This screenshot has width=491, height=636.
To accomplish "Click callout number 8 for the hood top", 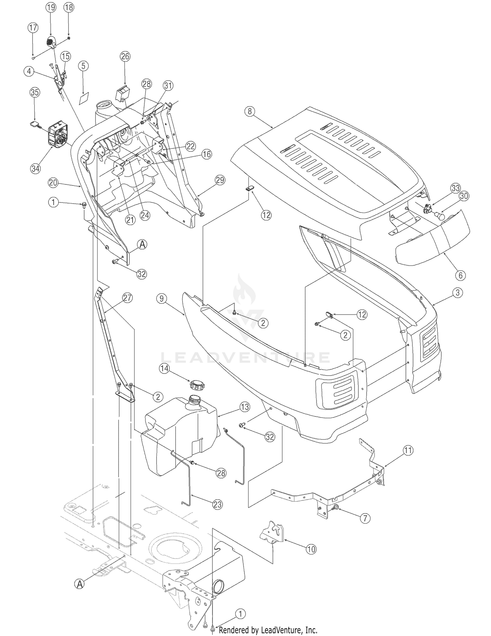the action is click(250, 111).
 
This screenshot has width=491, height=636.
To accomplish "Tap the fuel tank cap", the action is click(196, 384).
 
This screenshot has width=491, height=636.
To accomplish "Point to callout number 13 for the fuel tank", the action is click(245, 407).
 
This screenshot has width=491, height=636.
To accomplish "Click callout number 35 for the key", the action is click(35, 92).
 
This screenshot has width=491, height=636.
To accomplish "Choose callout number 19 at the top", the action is click(51, 8).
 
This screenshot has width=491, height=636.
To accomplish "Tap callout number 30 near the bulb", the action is click(464, 196).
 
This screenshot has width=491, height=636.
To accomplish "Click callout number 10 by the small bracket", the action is click(311, 549).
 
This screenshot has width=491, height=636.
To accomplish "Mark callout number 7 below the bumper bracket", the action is click(365, 518).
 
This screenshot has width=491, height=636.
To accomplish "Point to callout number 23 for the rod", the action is click(217, 505).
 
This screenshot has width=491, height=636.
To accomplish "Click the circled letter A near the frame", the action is click(80, 584).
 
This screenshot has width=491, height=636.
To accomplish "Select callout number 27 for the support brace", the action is click(127, 298).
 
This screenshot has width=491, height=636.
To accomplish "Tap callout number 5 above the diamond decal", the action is click(83, 66).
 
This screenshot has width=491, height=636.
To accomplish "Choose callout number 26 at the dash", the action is click(125, 56).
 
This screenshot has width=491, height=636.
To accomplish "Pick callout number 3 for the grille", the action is click(458, 293).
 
